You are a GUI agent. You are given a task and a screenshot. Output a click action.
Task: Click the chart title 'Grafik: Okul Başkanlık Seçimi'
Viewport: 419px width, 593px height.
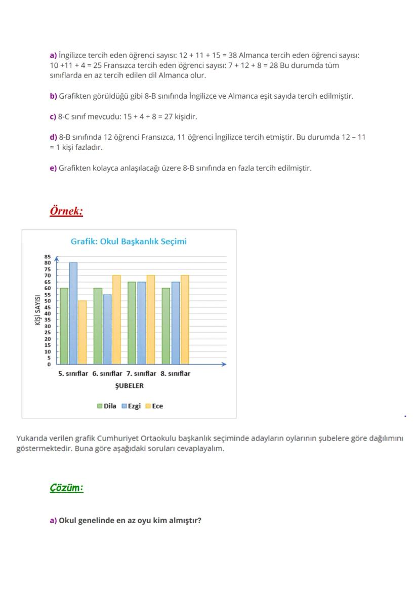click(x=129, y=242)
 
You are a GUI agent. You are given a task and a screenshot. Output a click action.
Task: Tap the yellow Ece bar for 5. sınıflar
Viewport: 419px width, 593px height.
click(x=82, y=332)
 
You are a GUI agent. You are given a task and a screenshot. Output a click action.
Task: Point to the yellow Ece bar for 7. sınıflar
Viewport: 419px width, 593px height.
click(x=151, y=320)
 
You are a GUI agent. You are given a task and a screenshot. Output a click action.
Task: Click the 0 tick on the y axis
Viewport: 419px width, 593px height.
click(x=49, y=364)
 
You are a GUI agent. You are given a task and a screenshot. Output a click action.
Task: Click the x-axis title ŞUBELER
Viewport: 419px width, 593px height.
click(x=130, y=386)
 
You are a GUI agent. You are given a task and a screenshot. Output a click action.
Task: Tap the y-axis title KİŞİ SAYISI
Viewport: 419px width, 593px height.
click(x=38, y=310)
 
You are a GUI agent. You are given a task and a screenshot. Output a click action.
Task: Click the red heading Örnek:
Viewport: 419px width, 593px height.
click(x=66, y=211)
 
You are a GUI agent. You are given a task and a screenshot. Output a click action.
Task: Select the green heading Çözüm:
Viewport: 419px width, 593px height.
click(x=66, y=488)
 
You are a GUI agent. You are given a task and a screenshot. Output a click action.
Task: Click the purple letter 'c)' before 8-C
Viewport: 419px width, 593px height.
click(x=53, y=116)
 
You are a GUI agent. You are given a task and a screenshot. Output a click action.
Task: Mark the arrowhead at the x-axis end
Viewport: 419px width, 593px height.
click(x=224, y=364)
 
